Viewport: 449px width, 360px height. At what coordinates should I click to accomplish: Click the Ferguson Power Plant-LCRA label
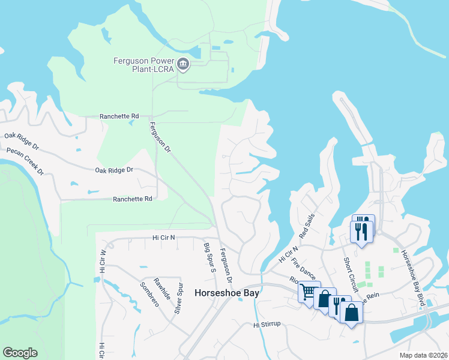tap(143, 64)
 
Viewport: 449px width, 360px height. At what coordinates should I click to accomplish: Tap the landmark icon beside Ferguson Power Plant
tap(183, 64)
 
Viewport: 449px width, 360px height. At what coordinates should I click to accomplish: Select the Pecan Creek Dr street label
tap(26, 161)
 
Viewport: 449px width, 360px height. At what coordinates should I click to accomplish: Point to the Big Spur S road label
tap(209, 258)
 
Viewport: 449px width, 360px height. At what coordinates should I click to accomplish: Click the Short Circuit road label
tap(351, 275)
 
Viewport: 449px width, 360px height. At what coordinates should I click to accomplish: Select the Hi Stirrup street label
tap(267, 325)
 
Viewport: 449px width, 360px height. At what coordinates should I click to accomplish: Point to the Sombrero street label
tap(149, 294)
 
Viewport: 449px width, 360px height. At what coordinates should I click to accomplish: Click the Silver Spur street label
tap(178, 298)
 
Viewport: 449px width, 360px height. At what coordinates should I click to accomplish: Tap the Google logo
tap(20, 353)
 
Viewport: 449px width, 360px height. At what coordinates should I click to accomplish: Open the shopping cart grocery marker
tap(308, 293)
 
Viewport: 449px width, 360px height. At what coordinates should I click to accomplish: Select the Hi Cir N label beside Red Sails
tap(288, 253)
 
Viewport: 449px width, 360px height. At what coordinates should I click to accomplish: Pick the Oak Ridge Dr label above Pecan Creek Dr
tap(21, 142)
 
